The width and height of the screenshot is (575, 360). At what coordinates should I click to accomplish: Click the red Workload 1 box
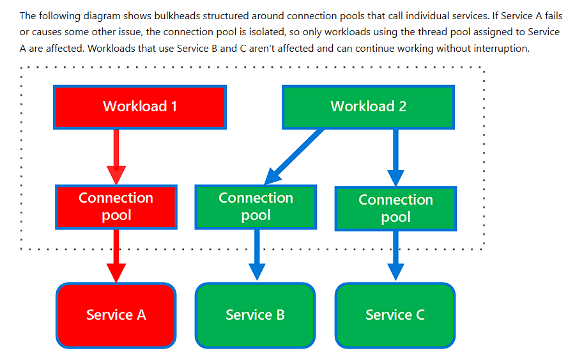(140, 107)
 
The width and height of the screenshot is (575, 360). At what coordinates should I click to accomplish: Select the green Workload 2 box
(368, 107)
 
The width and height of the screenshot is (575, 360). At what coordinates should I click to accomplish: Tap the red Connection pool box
(116, 207)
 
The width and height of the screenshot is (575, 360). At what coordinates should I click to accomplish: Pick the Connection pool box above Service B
(256, 207)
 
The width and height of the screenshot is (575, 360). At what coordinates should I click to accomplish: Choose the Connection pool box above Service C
(395, 208)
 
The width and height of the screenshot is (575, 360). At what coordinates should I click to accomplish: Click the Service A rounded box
(116, 315)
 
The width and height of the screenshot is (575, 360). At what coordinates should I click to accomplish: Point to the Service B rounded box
(255, 315)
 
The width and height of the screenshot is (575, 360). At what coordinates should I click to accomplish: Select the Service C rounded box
(395, 315)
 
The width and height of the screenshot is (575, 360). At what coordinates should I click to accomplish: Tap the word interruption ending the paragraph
(502, 48)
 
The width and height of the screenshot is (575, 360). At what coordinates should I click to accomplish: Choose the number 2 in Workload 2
(402, 107)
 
